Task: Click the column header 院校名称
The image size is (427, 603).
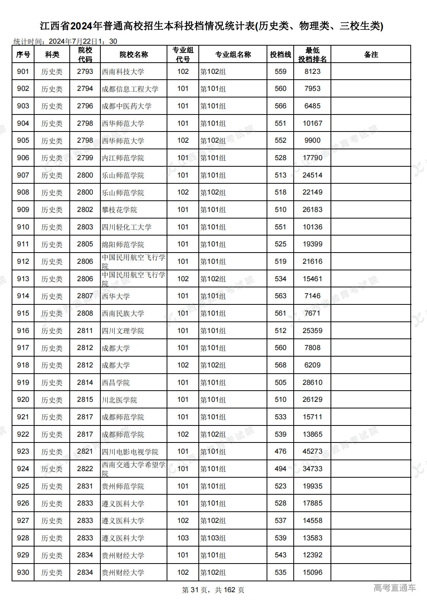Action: [134, 55]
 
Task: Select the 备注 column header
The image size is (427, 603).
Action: [371, 55]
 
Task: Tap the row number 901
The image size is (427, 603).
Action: [23, 72]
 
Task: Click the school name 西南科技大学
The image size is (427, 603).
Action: [123, 72]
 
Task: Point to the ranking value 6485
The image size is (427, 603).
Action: [312, 106]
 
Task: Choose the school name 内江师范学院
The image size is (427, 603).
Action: [123, 158]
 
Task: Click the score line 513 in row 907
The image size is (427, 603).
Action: [281, 175]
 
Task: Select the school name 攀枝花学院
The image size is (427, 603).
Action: [119, 210]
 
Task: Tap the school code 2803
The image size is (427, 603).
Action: [85, 227]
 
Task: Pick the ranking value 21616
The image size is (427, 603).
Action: [312, 261]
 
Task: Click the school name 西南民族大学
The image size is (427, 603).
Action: [123, 313]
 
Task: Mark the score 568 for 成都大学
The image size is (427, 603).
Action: [281, 365]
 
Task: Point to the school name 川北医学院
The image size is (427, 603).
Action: [119, 400]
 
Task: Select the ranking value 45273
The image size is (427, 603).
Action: [312, 451]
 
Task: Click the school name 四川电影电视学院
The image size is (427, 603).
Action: [130, 451]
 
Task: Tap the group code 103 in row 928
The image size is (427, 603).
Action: [183, 538]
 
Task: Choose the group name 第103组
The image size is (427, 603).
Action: [213, 538]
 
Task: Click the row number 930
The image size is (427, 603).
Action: [23, 572]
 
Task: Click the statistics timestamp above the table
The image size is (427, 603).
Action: [65, 41]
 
